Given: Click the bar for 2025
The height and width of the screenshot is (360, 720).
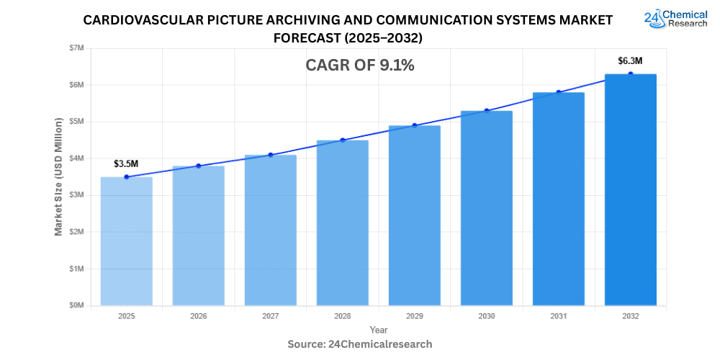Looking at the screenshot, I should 126,241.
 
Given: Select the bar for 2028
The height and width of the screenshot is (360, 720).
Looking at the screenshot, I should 342,223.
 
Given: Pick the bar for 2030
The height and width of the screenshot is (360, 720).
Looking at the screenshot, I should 486,208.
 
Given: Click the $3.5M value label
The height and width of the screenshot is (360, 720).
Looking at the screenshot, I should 126,163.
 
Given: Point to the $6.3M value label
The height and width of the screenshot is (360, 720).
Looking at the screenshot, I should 630,60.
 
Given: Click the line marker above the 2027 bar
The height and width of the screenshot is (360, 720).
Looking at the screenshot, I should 270,155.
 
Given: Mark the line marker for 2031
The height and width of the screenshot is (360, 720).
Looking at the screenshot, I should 558,92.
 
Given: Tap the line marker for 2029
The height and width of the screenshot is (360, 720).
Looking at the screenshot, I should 414,125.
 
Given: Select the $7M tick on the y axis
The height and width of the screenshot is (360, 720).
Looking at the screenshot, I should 76,48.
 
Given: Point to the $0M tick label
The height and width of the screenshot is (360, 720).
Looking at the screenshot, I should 76,305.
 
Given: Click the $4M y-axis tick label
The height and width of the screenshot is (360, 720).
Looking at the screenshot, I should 76,158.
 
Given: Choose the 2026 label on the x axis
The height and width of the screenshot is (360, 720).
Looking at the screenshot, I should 198,316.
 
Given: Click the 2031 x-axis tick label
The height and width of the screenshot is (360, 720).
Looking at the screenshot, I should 558,316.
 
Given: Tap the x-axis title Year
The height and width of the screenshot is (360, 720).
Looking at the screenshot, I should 378,329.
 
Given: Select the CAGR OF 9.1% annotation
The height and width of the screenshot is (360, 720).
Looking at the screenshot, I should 360,66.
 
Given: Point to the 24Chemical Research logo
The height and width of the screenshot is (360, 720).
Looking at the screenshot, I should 675,19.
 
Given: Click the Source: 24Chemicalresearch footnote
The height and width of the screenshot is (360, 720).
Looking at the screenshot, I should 360,344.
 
